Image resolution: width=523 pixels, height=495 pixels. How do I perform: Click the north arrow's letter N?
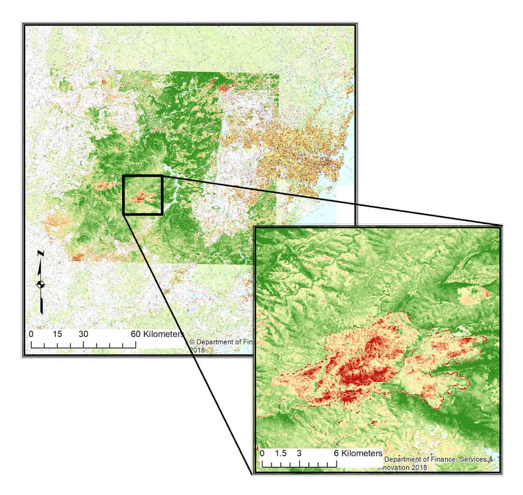pyautogui.click(x=41, y=253)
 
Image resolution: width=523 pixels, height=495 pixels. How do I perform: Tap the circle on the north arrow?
pyautogui.click(x=41, y=285)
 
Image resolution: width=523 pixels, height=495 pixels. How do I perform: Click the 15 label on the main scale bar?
pyautogui.click(x=58, y=334)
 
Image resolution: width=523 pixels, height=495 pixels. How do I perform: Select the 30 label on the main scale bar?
pyautogui.click(x=84, y=334)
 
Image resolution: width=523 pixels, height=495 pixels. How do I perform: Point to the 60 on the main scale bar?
pyautogui.click(x=136, y=334)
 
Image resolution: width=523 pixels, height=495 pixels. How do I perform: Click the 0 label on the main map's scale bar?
pyautogui.click(x=31, y=334)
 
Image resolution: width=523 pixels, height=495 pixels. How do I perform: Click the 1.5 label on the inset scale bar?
pyautogui.click(x=281, y=453)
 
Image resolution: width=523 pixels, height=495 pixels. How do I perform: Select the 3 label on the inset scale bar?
pyautogui.click(x=299, y=453)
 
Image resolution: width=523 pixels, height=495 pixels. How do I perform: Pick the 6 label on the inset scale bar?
pyautogui.click(x=336, y=453)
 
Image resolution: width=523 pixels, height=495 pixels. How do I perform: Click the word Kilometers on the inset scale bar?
pyautogui.click(x=362, y=453)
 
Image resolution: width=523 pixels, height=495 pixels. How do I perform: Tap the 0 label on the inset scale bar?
pyautogui.click(x=262, y=453)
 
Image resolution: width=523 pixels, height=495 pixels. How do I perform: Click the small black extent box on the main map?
pyautogui.click(x=142, y=195)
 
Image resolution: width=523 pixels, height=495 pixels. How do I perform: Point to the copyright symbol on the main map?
pyautogui.click(x=191, y=342)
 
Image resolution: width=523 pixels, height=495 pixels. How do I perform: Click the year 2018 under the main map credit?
pyautogui.click(x=198, y=350)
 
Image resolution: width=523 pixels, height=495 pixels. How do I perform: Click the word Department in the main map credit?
pyautogui.click(x=214, y=342)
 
